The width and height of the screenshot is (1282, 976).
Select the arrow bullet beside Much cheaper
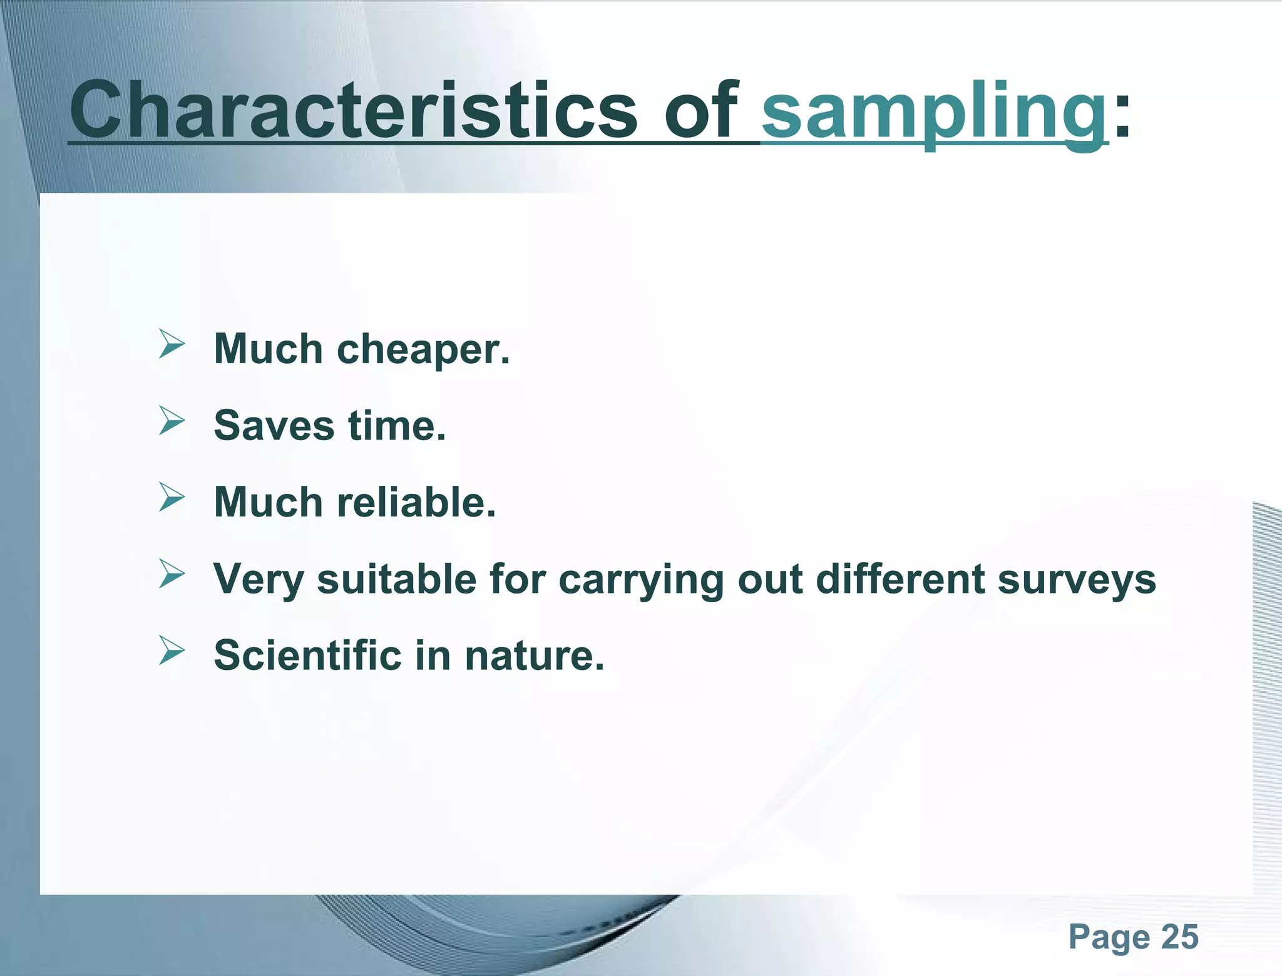172,344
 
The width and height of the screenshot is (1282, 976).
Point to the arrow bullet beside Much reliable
172,497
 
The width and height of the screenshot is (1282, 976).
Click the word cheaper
423,349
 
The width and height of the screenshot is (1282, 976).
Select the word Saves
274,426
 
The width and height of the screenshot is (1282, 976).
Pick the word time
397,426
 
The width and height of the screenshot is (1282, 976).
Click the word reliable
416,502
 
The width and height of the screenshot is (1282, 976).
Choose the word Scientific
307,655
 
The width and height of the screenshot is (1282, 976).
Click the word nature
534,657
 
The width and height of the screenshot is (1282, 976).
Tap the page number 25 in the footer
1179,937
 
